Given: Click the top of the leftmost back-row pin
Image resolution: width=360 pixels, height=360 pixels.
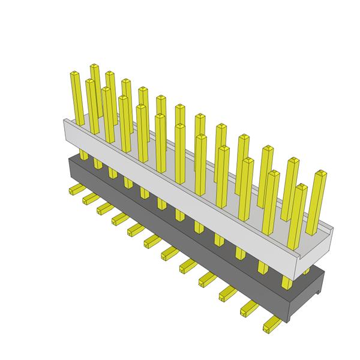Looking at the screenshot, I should pyautogui.click(x=94, y=67).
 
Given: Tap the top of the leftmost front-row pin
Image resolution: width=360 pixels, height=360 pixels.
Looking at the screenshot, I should pyautogui.click(x=75, y=74).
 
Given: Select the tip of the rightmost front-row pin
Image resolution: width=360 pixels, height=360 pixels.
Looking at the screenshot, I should pyautogui.click(x=301, y=188).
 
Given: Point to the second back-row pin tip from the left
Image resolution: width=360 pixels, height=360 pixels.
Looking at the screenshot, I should pyautogui.click(x=110, y=74).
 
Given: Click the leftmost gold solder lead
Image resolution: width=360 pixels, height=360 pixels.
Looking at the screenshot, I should pyautogui.click(x=76, y=190).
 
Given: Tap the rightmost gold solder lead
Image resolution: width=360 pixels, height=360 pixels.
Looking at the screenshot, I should pyautogui.click(x=272, y=324).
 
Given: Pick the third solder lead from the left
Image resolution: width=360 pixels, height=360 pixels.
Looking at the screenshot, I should pyautogui.click(x=103, y=208).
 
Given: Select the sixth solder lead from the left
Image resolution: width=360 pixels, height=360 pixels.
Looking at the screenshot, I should pyautogui.click(x=151, y=241).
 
